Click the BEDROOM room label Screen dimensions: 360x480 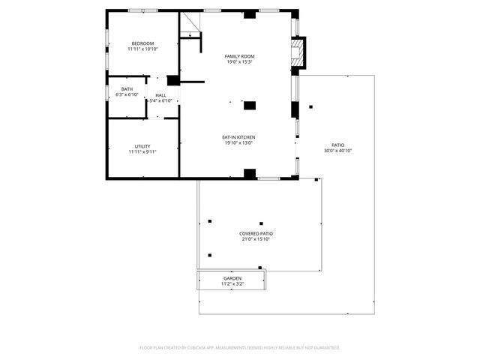pyautogui.click(x=142, y=43)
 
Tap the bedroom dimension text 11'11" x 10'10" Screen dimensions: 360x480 pyautogui.click(x=142, y=49)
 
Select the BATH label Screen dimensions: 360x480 pyautogui.click(x=127, y=89)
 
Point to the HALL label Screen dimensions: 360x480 pyautogui.click(x=161, y=94)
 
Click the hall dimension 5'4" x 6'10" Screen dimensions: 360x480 pyautogui.click(x=161, y=100)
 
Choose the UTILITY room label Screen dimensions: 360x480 pyautogui.click(x=142, y=145)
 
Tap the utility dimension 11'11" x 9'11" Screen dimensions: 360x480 pyautogui.click(x=142, y=151)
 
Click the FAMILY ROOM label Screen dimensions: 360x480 pyautogui.click(x=240, y=56)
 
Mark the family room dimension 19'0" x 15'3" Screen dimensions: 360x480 pyautogui.click(x=240, y=62)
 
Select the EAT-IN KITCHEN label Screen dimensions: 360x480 pyautogui.click(x=239, y=136)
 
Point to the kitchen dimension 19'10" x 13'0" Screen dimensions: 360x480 pyautogui.click(x=239, y=142)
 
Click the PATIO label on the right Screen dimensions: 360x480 pyautogui.click(x=338, y=145)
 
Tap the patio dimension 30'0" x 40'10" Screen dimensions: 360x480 pyautogui.click(x=338, y=151)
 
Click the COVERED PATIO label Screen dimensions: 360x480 pyautogui.click(x=256, y=233)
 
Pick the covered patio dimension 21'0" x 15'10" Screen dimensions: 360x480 pyautogui.click(x=256, y=239)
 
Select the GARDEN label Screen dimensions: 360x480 pyautogui.click(x=232, y=278)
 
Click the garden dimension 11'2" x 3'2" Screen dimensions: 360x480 pyautogui.click(x=232, y=284)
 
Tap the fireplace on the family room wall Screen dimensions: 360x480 pyautogui.click(x=298, y=52)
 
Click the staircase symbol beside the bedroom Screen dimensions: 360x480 pyautogui.click(x=190, y=25)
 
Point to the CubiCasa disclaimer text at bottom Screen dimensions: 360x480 pyautogui.click(x=240, y=347)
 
